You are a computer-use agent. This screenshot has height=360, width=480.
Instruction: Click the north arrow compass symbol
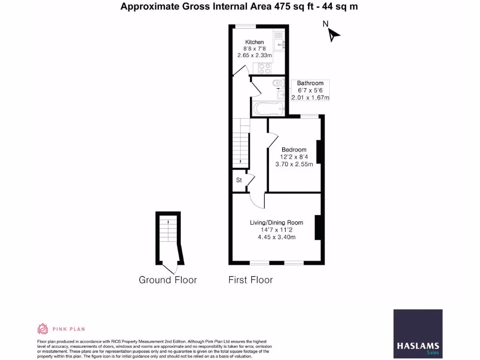tap(333, 34)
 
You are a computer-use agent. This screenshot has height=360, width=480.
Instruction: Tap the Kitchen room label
tap(255, 42)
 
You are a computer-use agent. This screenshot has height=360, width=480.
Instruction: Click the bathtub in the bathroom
tap(268, 109)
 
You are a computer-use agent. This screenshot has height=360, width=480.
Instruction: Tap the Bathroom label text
tap(310, 83)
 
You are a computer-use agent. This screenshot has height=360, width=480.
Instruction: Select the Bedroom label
tap(294, 150)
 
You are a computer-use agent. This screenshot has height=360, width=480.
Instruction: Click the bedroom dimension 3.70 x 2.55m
tap(294, 165)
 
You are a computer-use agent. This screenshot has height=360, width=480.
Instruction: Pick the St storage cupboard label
tap(239, 180)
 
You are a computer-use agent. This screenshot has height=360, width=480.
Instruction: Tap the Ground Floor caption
tap(168, 280)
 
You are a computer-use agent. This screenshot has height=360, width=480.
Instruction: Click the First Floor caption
tap(250, 280)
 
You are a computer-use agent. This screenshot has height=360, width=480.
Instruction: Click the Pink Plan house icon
tap(43, 329)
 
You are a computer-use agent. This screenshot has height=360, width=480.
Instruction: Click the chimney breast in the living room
tap(318, 227)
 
